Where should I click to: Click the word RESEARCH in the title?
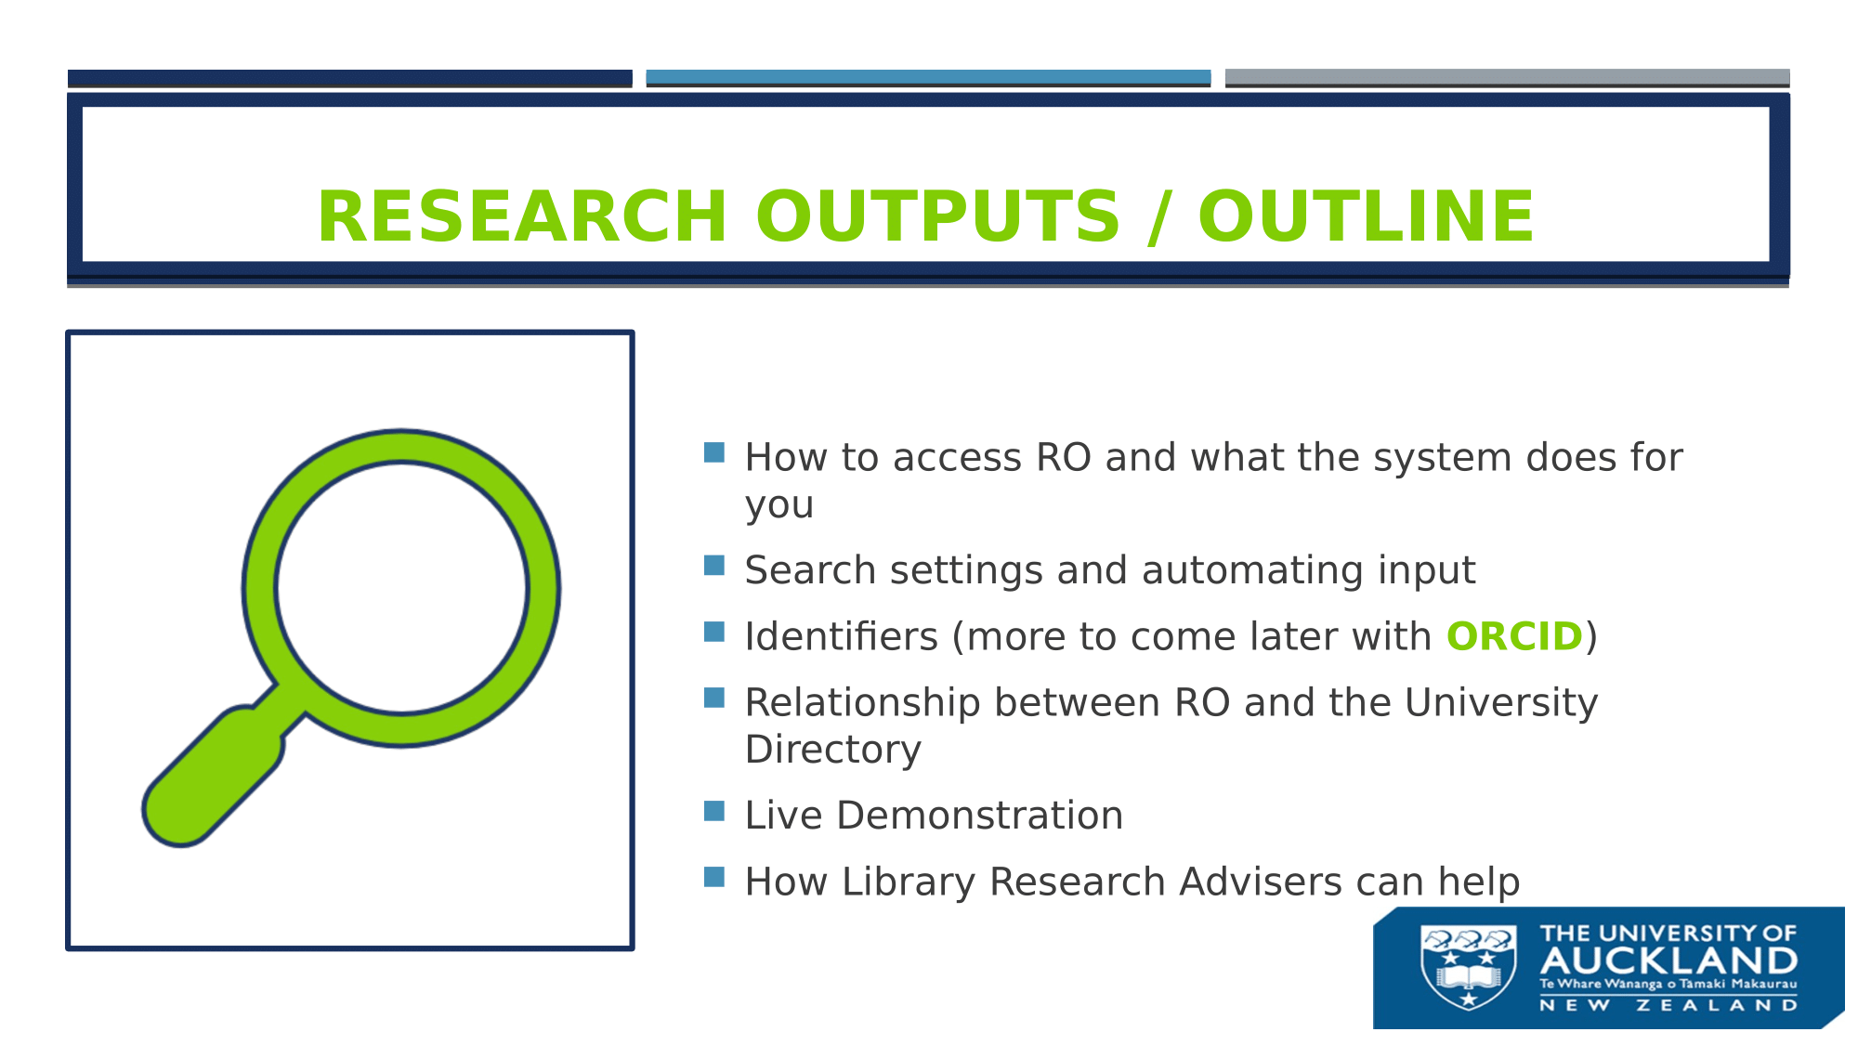pos(521,216)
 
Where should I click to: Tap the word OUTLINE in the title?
pos(1366,216)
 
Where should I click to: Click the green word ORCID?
pos(1514,636)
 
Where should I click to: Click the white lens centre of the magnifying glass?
pos(401,587)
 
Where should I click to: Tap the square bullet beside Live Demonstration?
pos(713,811)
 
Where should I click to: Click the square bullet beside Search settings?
pos(713,566)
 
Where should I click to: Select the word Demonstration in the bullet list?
pos(980,816)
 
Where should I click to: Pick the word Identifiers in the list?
pos(842,636)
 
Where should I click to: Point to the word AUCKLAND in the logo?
pos(1668,960)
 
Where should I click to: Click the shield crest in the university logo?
pos(1469,967)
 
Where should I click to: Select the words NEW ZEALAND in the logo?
pos(1668,1005)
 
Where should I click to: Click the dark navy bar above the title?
pos(350,78)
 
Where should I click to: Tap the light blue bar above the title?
pos(928,78)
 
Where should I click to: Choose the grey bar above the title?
pos(1507,78)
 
